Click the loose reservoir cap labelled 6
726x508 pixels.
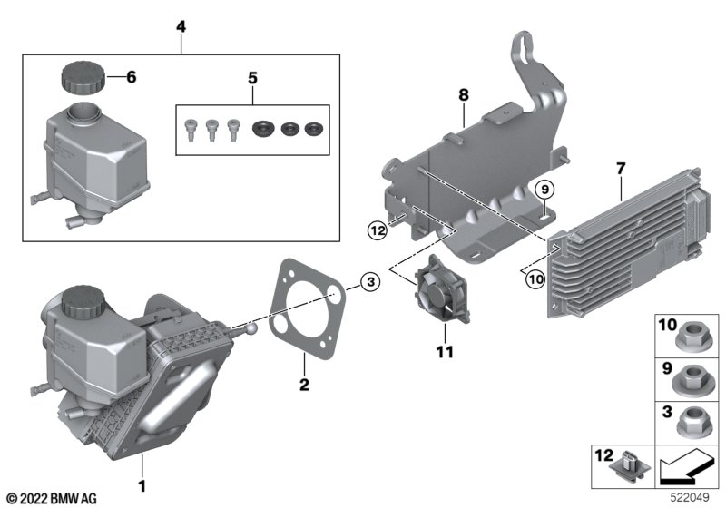pyautogui.click(x=83, y=76)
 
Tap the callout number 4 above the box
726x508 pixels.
pyautogui.click(x=181, y=26)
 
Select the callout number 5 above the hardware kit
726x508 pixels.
pyautogui.click(x=252, y=78)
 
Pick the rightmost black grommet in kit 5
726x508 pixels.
pyautogui.click(x=314, y=129)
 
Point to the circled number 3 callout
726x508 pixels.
pyautogui.click(x=370, y=281)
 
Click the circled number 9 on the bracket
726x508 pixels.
pyautogui.click(x=544, y=190)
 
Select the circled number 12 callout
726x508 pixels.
pyautogui.click(x=378, y=230)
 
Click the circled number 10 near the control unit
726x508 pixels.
pyautogui.click(x=535, y=279)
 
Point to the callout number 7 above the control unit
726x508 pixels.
pyautogui.click(x=621, y=169)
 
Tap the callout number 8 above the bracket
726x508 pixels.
pyautogui.click(x=464, y=95)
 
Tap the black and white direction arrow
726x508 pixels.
pyautogui.click(x=686, y=467)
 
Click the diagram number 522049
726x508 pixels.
pyautogui.click(x=690, y=498)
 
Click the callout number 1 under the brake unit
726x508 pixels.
pyautogui.click(x=142, y=486)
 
